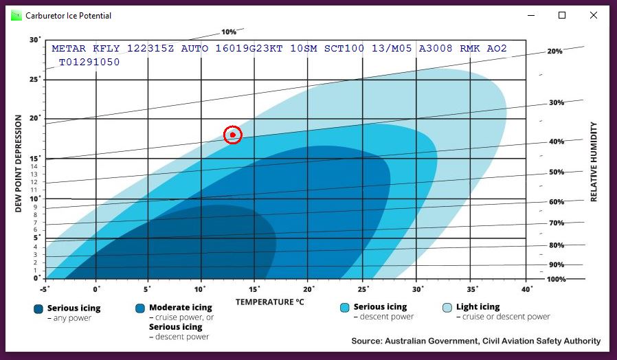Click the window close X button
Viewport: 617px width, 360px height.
click(593, 15)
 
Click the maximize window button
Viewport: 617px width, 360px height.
click(562, 15)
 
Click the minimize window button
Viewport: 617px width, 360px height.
click(530, 15)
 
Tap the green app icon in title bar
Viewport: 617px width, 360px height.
click(16, 15)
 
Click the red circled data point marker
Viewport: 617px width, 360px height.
click(233, 135)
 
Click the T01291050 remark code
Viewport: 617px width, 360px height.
click(89, 62)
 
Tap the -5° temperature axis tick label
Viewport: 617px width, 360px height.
click(45, 289)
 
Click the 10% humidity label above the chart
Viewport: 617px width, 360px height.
click(229, 32)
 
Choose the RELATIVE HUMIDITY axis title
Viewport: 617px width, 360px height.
click(594, 162)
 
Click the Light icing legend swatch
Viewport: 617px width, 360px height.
click(447, 308)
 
